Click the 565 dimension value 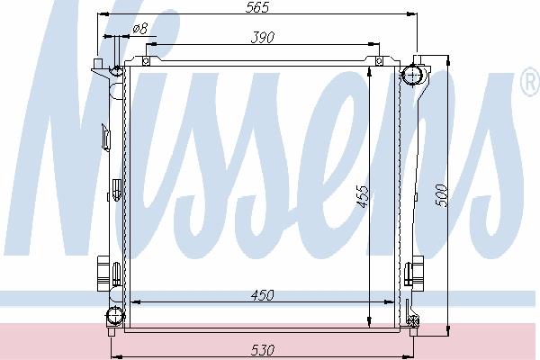[x=256, y=7]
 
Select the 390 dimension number [x=263, y=38]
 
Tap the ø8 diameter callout [x=140, y=28]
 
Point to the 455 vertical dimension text [x=362, y=197]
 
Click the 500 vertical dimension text [x=442, y=195]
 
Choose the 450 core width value [x=263, y=295]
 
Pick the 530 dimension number [x=263, y=350]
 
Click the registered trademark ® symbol [x=531, y=82]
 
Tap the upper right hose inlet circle [x=413, y=75]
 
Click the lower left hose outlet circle [x=114, y=316]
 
